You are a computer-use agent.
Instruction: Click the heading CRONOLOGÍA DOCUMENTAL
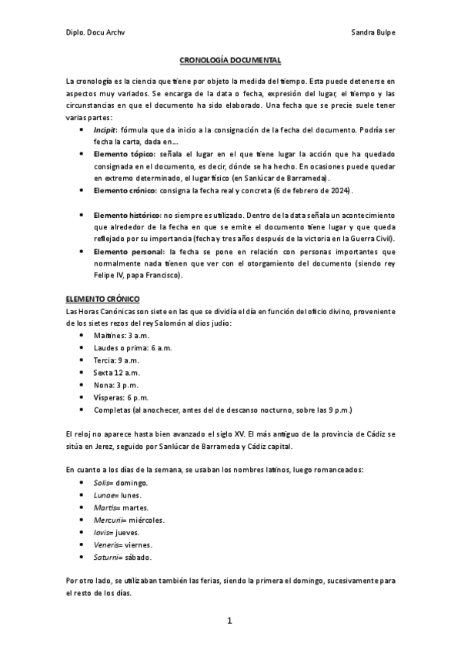(x=230, y=59)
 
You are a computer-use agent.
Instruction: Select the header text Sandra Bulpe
(x=372, y=32)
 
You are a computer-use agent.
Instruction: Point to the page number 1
(x=229, y=620)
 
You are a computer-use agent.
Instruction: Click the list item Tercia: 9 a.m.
(x=116, y=360)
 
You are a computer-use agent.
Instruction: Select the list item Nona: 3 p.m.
(x=115, y=384)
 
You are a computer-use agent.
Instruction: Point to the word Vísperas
(x=108, y=397)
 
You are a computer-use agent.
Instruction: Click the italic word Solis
(x=102, y=483)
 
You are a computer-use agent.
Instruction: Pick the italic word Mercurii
(x=109, y=520)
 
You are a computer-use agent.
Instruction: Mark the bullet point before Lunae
(x=82, y=495)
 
